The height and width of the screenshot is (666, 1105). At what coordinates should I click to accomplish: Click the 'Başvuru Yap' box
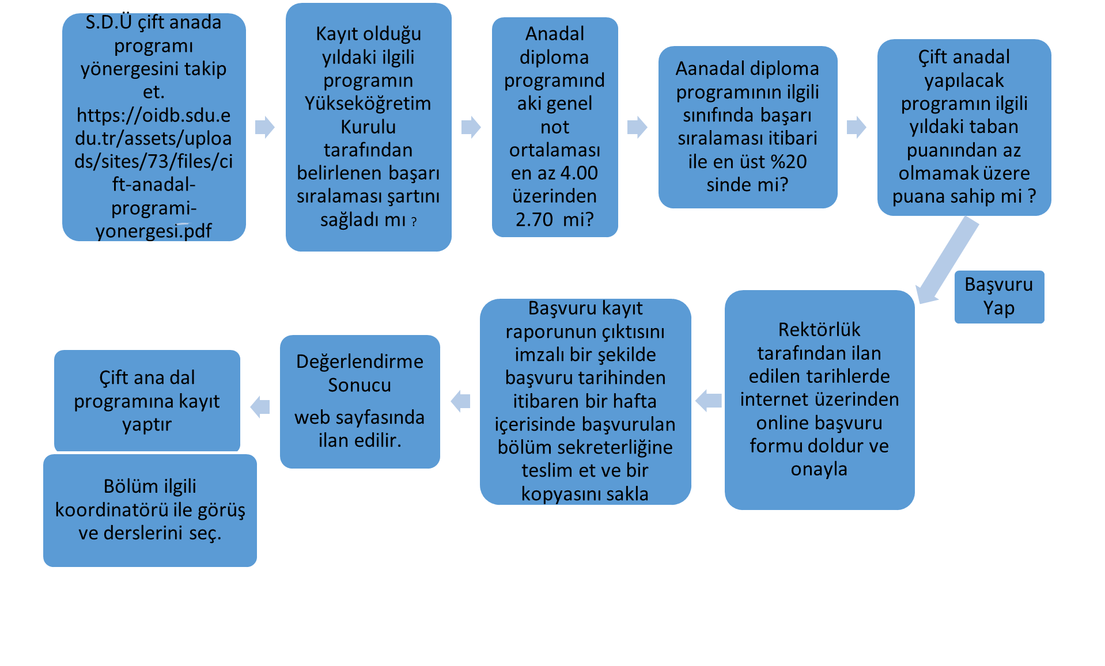(999, 296)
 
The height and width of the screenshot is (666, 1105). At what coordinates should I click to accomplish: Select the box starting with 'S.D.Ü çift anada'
(154, 127)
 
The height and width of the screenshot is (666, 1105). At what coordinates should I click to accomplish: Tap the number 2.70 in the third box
(534, 219)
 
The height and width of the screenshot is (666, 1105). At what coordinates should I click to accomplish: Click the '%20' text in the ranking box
(789, 162)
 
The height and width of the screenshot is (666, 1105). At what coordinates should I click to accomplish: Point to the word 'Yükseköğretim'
(368, 104)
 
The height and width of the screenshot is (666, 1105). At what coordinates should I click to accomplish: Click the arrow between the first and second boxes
(264, 127)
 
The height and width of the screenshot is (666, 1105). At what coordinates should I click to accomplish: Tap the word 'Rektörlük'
(819, 330)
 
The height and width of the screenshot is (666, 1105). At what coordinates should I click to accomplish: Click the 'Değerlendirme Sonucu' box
(359, 401)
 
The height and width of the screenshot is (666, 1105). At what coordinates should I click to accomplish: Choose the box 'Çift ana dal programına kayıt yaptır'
(147, 401)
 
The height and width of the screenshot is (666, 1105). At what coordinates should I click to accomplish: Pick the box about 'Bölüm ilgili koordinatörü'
(150, 510)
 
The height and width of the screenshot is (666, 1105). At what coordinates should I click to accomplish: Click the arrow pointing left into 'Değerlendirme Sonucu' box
(460, 401)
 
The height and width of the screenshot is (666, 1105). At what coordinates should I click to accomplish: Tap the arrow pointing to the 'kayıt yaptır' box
(260, 406)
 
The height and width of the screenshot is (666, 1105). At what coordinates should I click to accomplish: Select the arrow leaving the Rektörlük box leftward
(708, 400)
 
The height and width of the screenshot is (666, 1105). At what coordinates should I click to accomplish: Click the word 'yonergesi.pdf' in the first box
(153, 231)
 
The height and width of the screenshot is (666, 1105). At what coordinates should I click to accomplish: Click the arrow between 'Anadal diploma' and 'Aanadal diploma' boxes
(637, 127)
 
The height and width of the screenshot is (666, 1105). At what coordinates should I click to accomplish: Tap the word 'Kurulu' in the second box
(368, 127)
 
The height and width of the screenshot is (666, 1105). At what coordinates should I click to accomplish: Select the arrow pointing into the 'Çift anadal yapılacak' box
(856, 127)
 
